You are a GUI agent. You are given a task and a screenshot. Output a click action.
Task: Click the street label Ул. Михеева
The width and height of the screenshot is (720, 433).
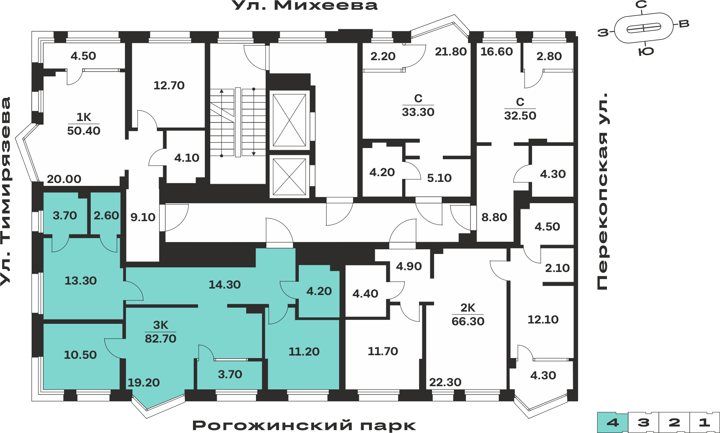[305, 5]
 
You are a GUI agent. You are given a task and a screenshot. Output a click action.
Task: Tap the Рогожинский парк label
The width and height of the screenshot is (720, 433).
[304, 425]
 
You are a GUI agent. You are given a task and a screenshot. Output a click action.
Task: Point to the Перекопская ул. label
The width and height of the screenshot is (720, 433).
[602, 191]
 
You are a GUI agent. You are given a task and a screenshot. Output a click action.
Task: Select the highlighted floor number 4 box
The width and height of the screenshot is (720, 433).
[613, 422]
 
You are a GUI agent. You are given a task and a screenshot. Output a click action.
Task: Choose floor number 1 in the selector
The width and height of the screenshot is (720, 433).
[705, 422]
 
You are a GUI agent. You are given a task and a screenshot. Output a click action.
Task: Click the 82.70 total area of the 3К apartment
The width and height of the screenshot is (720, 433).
[161, 339]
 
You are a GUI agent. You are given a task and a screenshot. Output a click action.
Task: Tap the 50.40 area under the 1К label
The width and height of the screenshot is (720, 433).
[84, 131]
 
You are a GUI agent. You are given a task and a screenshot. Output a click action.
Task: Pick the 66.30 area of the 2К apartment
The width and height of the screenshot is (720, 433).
[468, 321]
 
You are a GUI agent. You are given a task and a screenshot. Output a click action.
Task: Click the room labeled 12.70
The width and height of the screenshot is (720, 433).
[169, 85]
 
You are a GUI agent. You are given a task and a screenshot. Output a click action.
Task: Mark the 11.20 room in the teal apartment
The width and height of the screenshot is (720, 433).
[303, 351]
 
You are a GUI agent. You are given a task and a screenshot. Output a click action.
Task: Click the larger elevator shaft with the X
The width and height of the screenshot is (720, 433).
[289, 120]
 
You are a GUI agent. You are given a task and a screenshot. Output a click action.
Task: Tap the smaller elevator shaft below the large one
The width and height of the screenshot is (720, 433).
[289, 177]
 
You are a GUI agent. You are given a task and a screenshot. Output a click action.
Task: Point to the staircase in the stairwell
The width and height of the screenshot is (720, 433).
[238, 122]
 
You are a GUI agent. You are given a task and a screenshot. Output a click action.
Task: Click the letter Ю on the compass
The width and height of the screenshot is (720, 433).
[646, 52]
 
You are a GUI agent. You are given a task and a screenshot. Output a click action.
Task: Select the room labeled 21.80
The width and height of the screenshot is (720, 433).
[451, 52]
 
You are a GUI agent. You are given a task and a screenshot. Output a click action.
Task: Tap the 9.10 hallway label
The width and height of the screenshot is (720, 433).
[143, 217]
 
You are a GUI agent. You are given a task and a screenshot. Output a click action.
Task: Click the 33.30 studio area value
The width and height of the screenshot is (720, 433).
[418, 112]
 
